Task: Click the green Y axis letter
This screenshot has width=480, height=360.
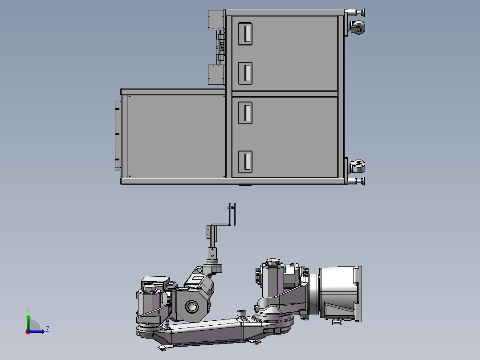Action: click(28, 310)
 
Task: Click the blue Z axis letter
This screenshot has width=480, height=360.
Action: click(48, 329)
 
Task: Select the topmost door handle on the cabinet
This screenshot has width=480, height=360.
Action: click(245, 34)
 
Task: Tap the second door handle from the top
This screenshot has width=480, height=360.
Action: click(245, 73)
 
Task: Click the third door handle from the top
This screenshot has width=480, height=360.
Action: click(245, 113)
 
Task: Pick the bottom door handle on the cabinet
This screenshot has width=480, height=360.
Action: click(245, 162)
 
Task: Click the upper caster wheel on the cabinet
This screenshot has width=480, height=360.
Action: click(358, 28)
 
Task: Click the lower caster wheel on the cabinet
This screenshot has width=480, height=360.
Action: click(358, 166)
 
